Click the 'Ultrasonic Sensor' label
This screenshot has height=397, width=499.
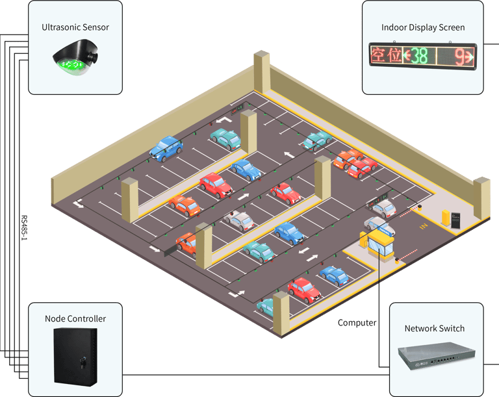tap(75, 27)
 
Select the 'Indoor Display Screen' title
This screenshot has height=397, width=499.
tap(423, 27)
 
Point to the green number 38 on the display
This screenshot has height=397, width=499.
tap(418, 57)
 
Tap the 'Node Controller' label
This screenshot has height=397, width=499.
tap(75, 318)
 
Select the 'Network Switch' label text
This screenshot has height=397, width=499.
tap(434, 328)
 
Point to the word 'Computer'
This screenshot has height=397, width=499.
tap(357, 323)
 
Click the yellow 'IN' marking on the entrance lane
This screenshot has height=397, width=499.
tap(424, 226)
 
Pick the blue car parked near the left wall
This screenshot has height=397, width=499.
tap(166, 147)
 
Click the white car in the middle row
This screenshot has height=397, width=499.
tap(238, 220)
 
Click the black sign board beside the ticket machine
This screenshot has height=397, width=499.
tap(456, 220)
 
